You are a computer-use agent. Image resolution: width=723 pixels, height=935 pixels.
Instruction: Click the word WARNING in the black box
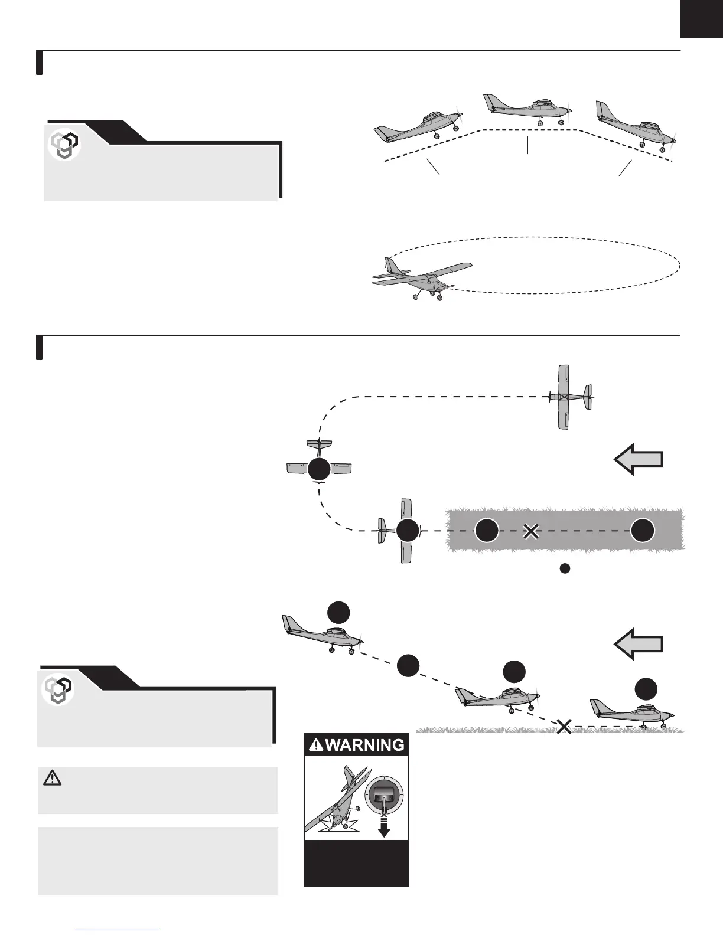tap(364, 745)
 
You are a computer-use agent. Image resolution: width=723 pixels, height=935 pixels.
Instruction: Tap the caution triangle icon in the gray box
tap(53, 779)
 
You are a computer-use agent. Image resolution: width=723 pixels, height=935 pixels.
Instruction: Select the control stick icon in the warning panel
tap(384, 799)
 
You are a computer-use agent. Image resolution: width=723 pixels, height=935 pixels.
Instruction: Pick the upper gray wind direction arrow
tap(639, 460)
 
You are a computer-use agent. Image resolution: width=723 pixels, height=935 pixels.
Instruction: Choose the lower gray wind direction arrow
tap(639, 643)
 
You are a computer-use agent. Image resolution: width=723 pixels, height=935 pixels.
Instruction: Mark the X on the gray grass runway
tap(531, 531)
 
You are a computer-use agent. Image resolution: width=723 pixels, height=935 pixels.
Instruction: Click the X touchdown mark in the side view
tap(564, 727)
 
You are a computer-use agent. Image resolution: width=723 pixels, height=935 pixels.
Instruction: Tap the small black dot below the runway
tap(565, 569)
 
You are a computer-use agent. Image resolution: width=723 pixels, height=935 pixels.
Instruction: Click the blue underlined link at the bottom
tap(118, 930)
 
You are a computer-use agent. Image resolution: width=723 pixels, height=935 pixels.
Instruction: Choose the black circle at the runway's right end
tap(642, 531)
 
